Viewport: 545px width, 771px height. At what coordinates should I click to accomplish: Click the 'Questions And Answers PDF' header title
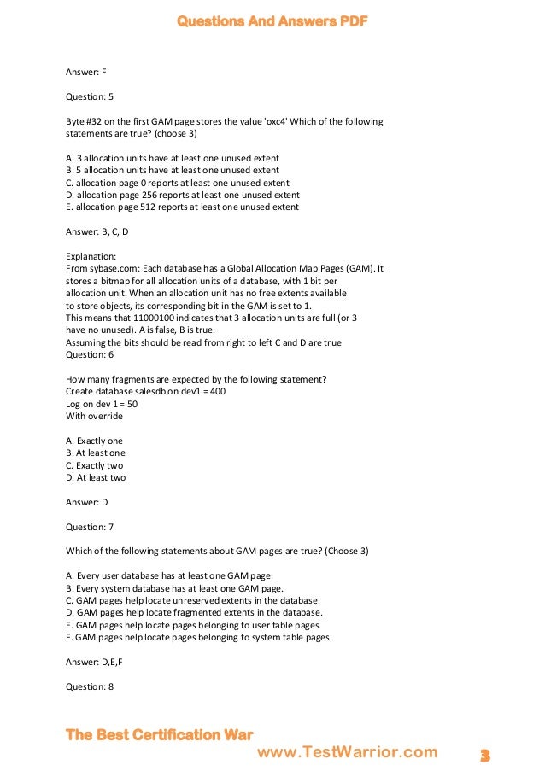point(272,21)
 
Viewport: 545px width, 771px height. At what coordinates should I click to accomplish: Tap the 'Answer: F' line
point(85,72)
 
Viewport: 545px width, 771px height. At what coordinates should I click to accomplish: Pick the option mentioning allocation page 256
point(182,195)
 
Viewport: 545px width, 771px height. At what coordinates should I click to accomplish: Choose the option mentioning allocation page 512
point(182,207)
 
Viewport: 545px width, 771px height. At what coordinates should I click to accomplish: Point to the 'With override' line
point(94,416)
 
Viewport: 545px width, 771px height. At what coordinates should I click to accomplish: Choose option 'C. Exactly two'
point(94,465)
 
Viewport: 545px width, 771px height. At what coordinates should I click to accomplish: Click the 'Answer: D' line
point(86,502)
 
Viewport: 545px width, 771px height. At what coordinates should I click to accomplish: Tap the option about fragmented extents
point(194,612)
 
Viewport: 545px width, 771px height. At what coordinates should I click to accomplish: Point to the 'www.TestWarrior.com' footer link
point(347,752)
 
